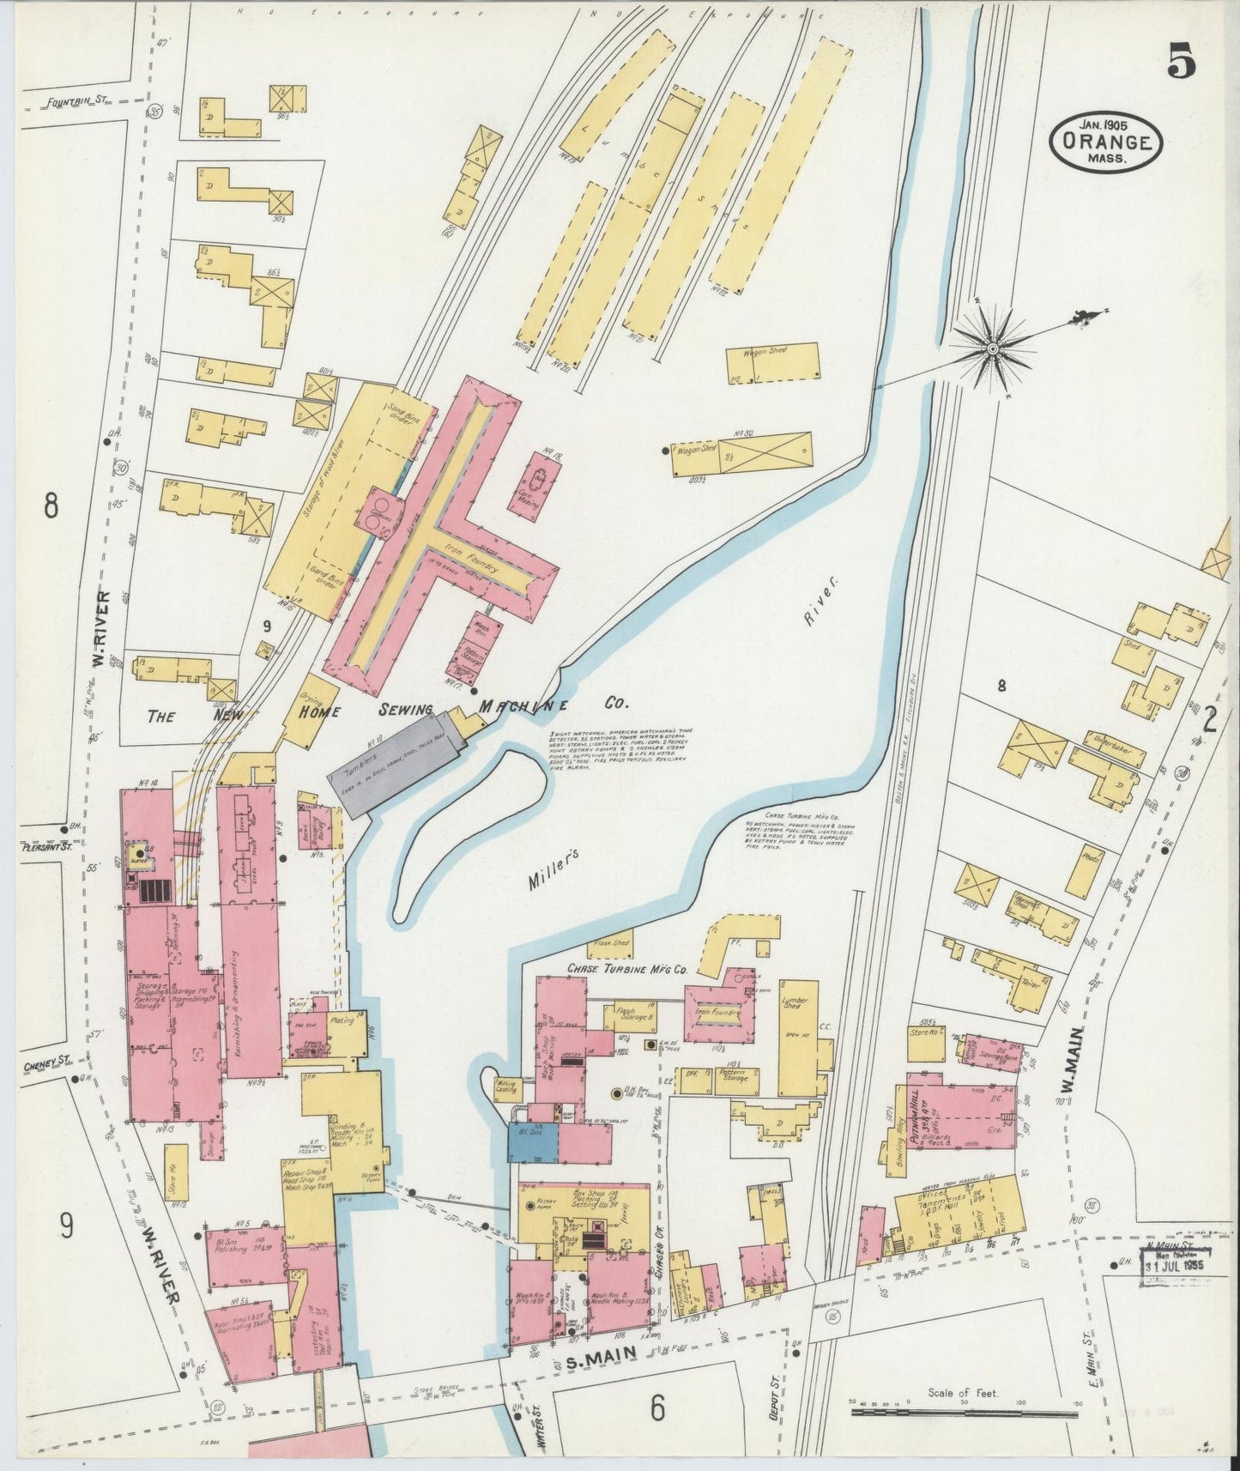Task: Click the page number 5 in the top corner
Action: [x=1181, y=64]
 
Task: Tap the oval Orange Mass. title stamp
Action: [x=1105, y=141]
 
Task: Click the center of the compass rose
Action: [x=992, y=348]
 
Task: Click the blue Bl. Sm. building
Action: [x=533, y=1143]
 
